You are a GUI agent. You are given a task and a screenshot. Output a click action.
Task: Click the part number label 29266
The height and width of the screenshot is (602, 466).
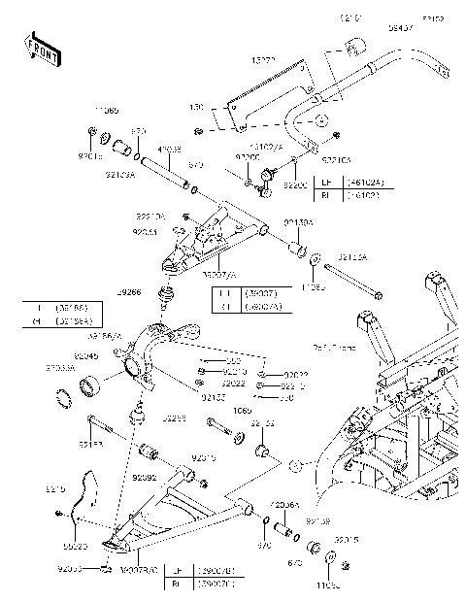click(129, 291)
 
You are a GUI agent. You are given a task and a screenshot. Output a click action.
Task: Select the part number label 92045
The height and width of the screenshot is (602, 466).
click(86, 356)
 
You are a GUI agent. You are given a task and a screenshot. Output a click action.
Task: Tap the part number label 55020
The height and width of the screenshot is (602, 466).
click(62, 547)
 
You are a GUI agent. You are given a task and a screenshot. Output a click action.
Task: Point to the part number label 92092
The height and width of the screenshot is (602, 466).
click(145, 478)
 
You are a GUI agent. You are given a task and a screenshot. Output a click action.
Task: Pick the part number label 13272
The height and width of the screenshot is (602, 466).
click(264, 60)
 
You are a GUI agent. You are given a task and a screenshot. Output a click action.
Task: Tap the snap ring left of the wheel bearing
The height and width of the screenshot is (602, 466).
click(66, 398)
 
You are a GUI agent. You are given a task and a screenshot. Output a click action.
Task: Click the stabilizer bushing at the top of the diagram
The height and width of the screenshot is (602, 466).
click(353, 46)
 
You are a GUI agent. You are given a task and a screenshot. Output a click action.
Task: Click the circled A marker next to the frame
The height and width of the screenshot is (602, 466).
click(297, 466)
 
